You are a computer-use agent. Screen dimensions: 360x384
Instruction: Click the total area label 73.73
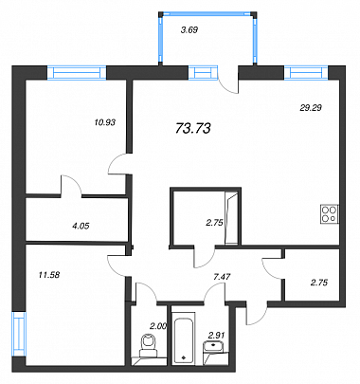coord(192,128)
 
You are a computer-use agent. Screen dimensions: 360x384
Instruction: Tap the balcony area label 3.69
coord(189,30)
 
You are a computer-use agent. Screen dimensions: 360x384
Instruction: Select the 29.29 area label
coord(311,108)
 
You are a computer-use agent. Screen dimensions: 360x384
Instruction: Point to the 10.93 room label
coord(105,122)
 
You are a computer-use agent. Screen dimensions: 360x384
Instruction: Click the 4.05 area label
coord(81,226)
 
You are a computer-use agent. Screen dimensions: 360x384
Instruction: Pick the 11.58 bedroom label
coord(49,275)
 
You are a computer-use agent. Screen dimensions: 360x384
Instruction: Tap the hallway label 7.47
coord(222,277)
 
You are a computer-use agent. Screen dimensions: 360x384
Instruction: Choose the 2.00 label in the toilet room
coord(158,326)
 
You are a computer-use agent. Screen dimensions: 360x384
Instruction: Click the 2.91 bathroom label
coord(216,335)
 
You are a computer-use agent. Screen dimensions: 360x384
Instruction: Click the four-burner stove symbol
coord(330,214)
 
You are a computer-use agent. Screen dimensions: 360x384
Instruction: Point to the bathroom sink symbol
coord(214,348)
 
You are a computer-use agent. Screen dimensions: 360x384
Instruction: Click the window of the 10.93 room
coord(77,72)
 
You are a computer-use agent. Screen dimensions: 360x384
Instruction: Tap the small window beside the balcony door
coord(203,72)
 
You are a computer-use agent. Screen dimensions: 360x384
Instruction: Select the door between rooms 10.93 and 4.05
coord(70,185)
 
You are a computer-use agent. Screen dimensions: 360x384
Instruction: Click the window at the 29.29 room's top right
coord(306,72)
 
